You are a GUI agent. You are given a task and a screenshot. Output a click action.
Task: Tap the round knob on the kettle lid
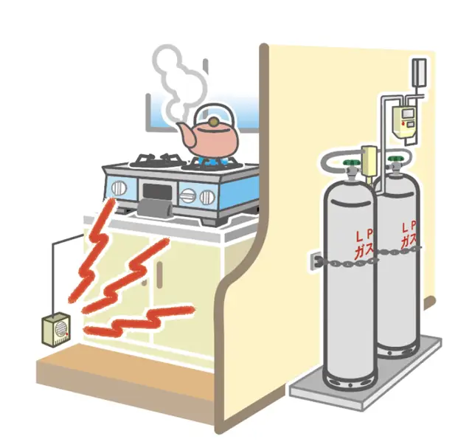(x=213, y=122)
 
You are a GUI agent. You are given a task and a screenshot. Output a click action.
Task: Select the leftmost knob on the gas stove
(x=119, y=188)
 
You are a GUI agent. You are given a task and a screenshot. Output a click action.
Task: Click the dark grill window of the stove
(x=157, y=191)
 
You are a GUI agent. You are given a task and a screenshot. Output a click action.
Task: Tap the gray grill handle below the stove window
(x=156, y=208)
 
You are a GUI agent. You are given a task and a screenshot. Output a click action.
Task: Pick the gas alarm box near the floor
(x=56, y=330)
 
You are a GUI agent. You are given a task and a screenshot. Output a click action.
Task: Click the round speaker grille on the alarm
(x=61, y=329)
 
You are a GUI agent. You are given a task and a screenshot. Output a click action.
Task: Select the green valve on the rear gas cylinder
(x=395, y=159)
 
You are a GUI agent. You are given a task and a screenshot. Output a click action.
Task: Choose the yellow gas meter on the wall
(x=405, y=122)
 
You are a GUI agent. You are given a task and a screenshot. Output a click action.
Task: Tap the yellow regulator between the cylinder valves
(x=369, y=162)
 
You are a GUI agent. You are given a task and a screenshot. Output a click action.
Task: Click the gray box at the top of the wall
(x=419, y=72)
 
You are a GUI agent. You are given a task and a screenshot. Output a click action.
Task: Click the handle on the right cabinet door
(x=159, y=272)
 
